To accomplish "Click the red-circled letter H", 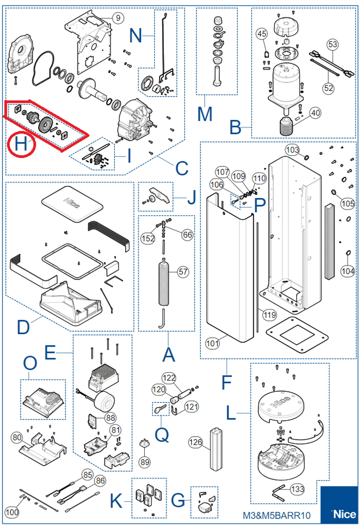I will tap(21, 144).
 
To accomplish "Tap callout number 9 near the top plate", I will tap(118, 18).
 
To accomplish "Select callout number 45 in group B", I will tap(262, 34).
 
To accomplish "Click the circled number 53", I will tap(332, 44).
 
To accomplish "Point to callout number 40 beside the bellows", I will tap(315, 113).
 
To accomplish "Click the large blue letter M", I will tap(205, 114).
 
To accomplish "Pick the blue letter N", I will tap(136, 35).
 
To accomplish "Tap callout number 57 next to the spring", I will tap(183, 272).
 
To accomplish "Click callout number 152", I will tap(148, 238).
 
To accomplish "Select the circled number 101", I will tap(213, 343).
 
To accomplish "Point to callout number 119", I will tap(269, 315).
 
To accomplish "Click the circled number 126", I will tap(195, 442).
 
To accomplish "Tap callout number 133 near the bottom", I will tap(298, 489).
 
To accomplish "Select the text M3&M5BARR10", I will tap(277, 515).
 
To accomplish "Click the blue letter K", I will tap(116, 501).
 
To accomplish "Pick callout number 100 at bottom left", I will tap(12, 512).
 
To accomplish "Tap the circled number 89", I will tap(145, 462).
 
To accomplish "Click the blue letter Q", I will tap(162, 435).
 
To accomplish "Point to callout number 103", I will tap(292, 150).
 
